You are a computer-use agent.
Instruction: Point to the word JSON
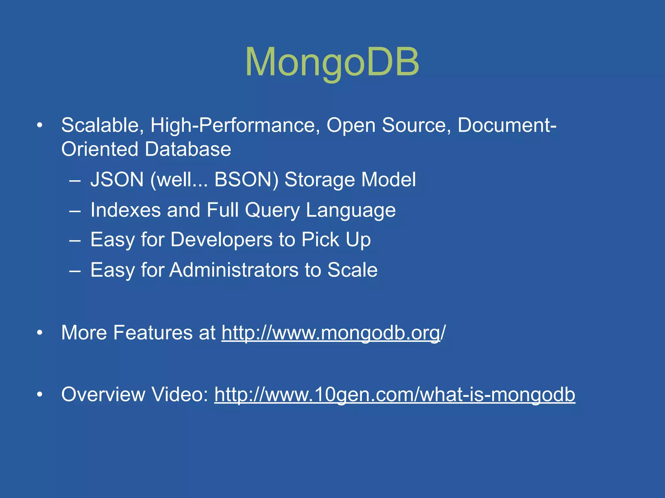pyautogui.click(x=117, y=179)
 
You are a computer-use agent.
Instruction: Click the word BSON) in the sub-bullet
pyautogui.click(x=246, y=179)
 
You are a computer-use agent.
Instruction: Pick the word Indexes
pyautogui.click(x=125, y=210)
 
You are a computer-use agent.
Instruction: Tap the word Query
pyautogui.click(x=272, y=210)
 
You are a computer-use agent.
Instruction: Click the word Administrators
pyautogui.click(x=234, y=270)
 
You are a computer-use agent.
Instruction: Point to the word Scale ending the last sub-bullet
pyautogui.click(x=352, y=270)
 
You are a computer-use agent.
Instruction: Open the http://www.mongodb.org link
pyautogui.click(x=331, y=333)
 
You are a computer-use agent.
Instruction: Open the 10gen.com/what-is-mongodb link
pyautogui.click(x=395, y=395)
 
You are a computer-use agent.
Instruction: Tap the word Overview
pyautogui.click(x=103, y=395)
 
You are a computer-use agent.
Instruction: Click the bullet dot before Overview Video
pyautogui.click(x=40, y=395)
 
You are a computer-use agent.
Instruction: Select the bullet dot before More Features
pyautogui.click(x=40, y=333)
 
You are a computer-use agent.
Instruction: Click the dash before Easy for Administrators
pyautogui.click(x=75, y=271)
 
